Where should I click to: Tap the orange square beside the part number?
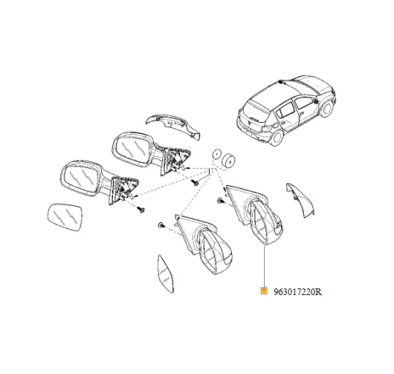(264, 291)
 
